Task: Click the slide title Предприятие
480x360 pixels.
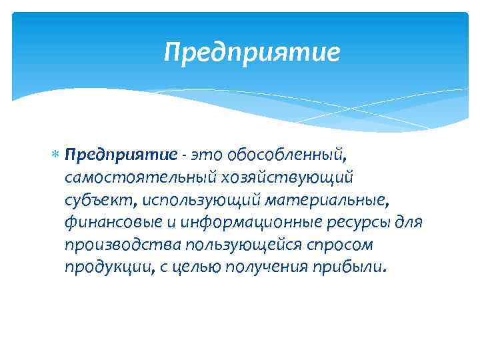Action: pyautogui.click(x=252, y=52)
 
